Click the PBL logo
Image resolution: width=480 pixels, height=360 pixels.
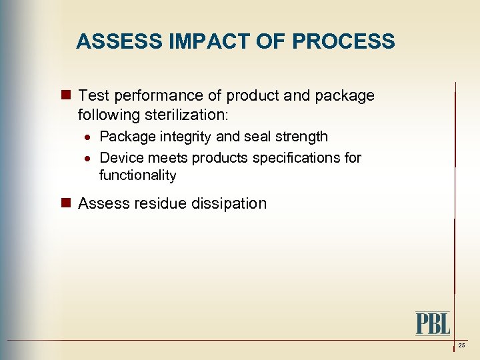433,323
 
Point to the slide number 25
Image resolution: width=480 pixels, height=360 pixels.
461,345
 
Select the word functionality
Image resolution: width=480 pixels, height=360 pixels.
137,175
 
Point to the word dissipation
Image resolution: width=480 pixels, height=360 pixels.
231,203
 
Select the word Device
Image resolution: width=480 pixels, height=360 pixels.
119,158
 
